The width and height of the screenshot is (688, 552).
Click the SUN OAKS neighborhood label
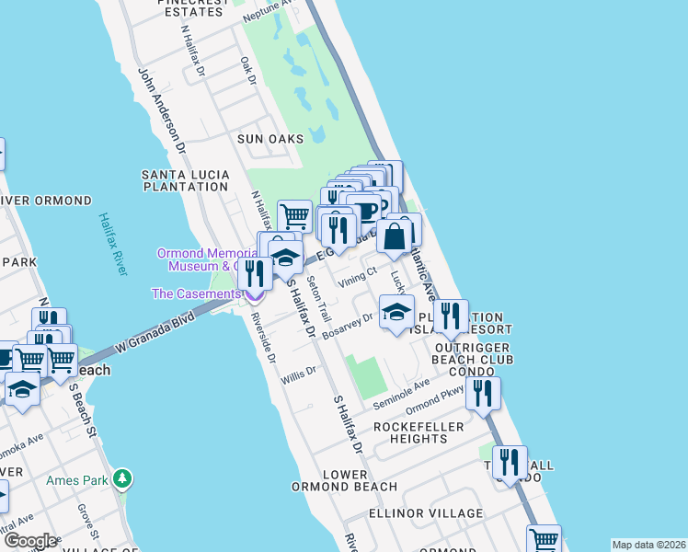tap(269, 138)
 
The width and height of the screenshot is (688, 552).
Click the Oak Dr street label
tap(247, 72)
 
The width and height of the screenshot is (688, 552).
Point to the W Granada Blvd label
tap(155, 333)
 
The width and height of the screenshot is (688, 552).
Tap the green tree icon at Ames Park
tap(122, 478)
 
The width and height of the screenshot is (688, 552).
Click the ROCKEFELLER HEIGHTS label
tap(410, 432)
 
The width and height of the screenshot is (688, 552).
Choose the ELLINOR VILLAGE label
tap(424, 512)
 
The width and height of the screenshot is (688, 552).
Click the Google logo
tap(29, 541)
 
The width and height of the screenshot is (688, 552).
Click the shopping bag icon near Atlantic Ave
tap(394, 237)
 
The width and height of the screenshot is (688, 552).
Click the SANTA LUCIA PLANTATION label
tap(184, 179)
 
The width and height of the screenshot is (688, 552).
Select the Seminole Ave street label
tap(401, 395)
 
